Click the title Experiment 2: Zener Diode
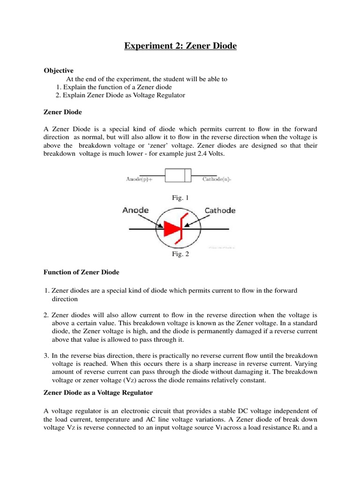(180, 46)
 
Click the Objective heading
(59, 70)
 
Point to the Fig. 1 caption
(180, 198)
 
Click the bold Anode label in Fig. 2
(136, 210)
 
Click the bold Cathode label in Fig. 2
(221, 210)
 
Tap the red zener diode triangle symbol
(172, 229)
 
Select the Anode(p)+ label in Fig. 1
(142, 179)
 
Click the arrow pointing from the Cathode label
(197, 220)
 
